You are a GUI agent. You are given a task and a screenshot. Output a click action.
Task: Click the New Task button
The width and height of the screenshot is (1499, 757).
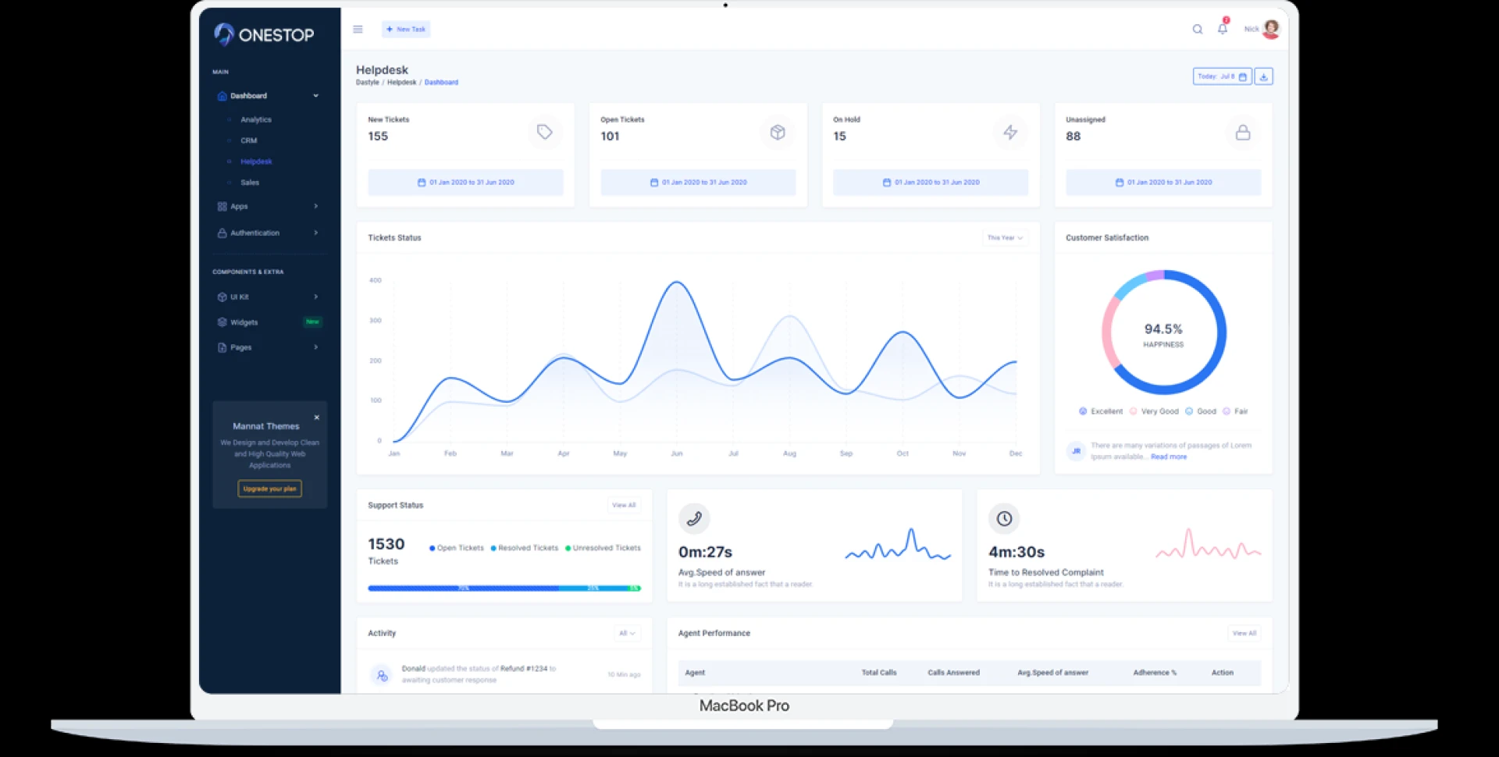406,30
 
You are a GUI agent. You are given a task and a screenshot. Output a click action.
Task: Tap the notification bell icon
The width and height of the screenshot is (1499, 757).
1223,29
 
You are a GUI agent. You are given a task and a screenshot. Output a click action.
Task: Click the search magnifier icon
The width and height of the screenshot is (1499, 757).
1197,30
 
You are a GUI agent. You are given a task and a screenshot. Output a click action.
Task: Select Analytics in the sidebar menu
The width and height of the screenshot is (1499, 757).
256,120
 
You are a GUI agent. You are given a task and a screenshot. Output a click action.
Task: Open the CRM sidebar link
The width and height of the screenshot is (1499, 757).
249,140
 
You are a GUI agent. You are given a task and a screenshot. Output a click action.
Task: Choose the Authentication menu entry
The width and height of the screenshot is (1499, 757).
255,233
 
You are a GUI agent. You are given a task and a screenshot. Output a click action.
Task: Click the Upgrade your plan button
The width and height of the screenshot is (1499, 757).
269,489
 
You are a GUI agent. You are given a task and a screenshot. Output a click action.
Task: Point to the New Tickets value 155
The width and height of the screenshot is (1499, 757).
378,137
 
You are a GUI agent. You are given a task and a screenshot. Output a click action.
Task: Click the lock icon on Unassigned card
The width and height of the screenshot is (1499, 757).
1242,133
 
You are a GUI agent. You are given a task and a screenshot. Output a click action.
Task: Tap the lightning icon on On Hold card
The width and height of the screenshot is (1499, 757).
1010,133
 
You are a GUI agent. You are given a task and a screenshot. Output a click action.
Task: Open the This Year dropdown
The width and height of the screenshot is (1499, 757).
1004,238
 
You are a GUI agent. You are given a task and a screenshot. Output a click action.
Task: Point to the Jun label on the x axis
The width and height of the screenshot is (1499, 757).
677,453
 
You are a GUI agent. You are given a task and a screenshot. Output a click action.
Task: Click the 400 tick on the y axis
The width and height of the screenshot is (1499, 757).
376,280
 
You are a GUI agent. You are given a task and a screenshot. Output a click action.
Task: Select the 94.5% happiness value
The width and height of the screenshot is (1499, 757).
1163,329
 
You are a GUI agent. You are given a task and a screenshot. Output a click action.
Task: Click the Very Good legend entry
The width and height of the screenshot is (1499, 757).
1159,411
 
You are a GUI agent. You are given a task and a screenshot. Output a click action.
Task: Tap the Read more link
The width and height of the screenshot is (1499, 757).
1169,457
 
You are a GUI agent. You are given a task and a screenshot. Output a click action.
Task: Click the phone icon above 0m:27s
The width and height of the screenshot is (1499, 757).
693,518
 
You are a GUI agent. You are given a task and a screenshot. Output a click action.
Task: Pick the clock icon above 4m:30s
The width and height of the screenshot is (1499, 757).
1004,518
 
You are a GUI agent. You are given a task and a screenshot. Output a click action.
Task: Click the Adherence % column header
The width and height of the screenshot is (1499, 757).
1155,673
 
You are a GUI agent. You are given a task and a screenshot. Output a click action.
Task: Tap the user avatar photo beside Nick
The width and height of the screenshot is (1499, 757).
1271,29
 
